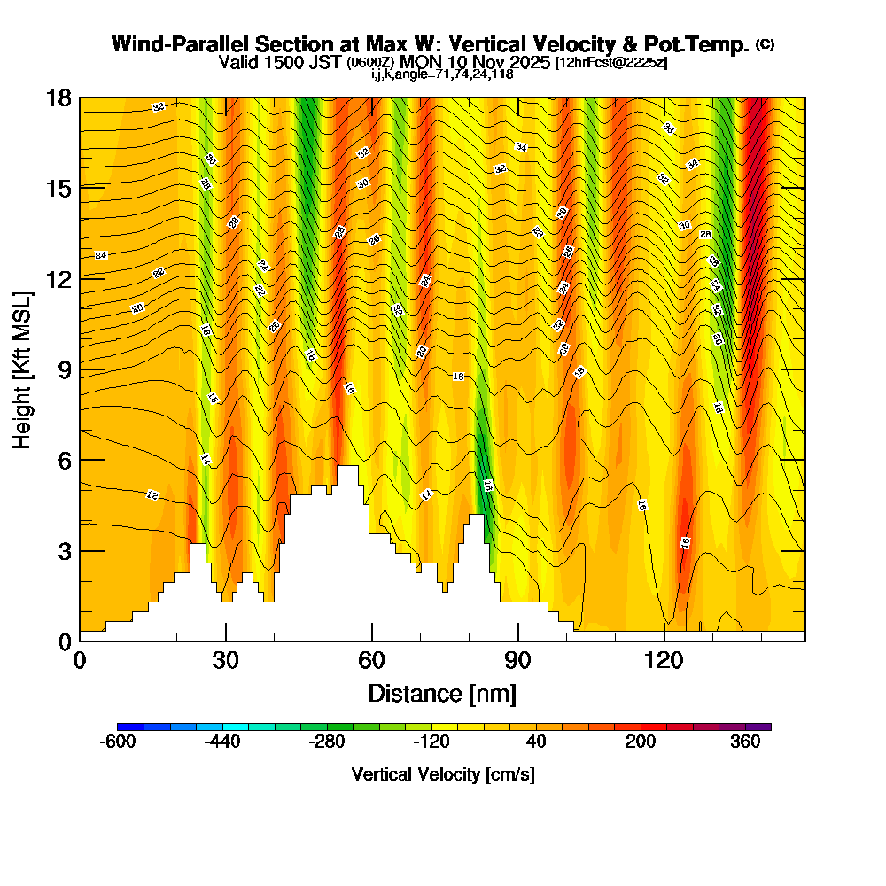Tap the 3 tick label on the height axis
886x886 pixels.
click(x=64, y=550)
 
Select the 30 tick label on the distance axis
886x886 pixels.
click(x=226, y=660)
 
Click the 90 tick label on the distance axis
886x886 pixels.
click(x=517, y=660)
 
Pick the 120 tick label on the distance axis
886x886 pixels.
click(x=664, y=660)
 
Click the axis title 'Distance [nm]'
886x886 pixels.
click(x=442, y=692)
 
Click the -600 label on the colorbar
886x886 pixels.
click(x=118, y=742)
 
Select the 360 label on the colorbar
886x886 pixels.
click(x=745, y=742)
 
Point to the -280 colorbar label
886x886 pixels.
click(x=327, y=742)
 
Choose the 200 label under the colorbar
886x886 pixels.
click(x=641, y=742)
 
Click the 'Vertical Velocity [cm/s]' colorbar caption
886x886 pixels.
click(x=443, y=774)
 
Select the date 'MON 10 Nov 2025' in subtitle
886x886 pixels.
click(x=476, y=62)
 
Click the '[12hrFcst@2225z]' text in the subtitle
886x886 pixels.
click(x=611, y=63)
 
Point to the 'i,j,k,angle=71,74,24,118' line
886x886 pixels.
click(x=442, y=74)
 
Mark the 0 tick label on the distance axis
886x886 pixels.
click(x=80, y=660)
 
